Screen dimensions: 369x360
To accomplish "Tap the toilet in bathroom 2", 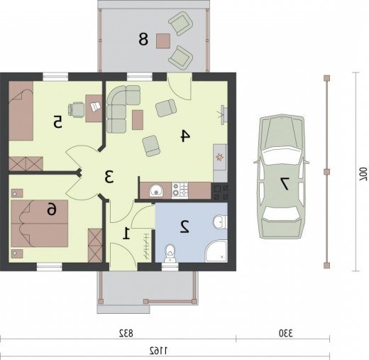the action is pyautogui.click(x=170, y=253).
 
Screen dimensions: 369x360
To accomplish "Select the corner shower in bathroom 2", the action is pyautogui.click(x=216, y=251).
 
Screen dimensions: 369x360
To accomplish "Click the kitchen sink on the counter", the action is pyautogui.click(x=155, y=190).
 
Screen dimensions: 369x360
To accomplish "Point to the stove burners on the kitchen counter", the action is pyautogui.click(x=180, y=190).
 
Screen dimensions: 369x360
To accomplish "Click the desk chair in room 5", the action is pyautogui.click(x=76, y=109).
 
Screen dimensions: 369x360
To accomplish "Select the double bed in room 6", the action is pyautogui.click(x=40, y=224).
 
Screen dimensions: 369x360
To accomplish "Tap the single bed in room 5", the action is pyautogui.click(x=21, y=111).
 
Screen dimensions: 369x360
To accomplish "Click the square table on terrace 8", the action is pyautogui.click(x=163, y=41).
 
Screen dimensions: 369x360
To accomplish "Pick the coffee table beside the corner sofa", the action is pyautogui.click(x=138, y=120).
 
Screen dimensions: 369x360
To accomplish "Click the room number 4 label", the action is pyautogui.click(x=185, y=136).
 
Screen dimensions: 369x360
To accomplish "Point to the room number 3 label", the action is pyautogui.click(x=109, y=177).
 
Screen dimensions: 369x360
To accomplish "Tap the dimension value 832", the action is pyautogui.click(x=126, y=334).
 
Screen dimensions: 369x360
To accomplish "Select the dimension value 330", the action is pyautogui.click(x=285, y=334).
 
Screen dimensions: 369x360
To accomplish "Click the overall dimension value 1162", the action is pyautogui.click(x=158, y=351).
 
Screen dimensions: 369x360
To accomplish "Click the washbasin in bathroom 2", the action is pyautogui.click(x=220, y=222).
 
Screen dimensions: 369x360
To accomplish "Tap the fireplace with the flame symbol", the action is pyautogui.click(x=220, y=157).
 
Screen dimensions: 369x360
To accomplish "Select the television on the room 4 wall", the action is pyautogui.click(x=224, y=115).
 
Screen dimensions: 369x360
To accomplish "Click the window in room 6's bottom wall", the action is pyautogui.click(x=50, y=267).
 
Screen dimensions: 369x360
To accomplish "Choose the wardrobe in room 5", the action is pyautogui.click(x=26, y=163).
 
